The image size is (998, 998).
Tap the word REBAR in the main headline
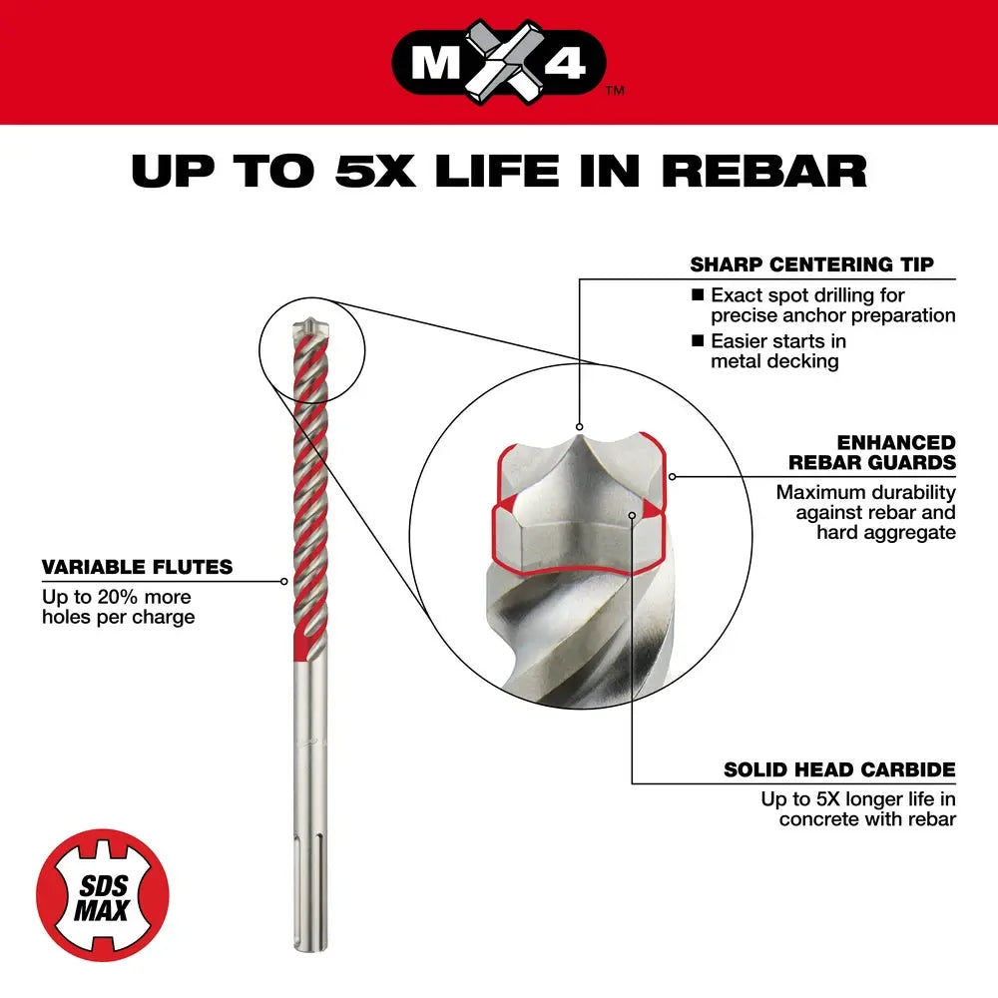[763, 170]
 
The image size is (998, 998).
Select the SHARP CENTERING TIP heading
[811, 264]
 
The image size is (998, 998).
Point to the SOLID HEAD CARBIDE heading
[839, 769]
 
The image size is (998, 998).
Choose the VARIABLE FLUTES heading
[137, 567]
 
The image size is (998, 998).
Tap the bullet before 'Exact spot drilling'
[698, 295]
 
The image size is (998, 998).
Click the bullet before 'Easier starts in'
[698, 341]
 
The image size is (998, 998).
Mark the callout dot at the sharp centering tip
[579, 425]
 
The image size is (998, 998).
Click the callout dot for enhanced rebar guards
[674, 476]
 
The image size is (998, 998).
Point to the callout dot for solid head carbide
[633, 515]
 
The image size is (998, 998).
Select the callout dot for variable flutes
[284, 580]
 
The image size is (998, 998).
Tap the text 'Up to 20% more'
[117, 597]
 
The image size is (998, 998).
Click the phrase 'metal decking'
[774, 361]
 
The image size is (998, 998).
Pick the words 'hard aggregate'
[885, 532]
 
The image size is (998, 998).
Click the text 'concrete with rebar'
[867, 819]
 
